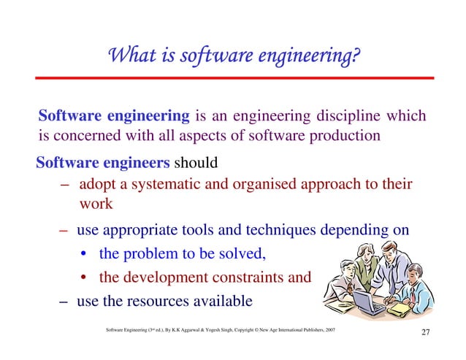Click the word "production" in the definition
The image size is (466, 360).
pyautogui.click(x=343, y=136)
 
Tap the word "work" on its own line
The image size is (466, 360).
pyautogui.click(x=96, y=204)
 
